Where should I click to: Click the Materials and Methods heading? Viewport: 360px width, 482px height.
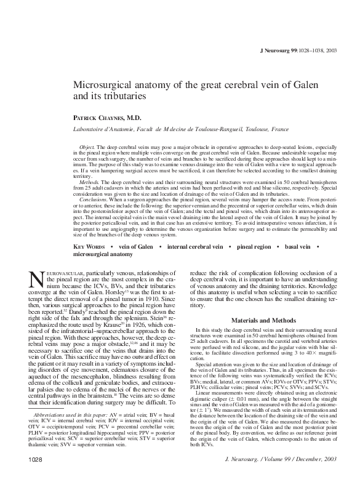pos(260,321)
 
